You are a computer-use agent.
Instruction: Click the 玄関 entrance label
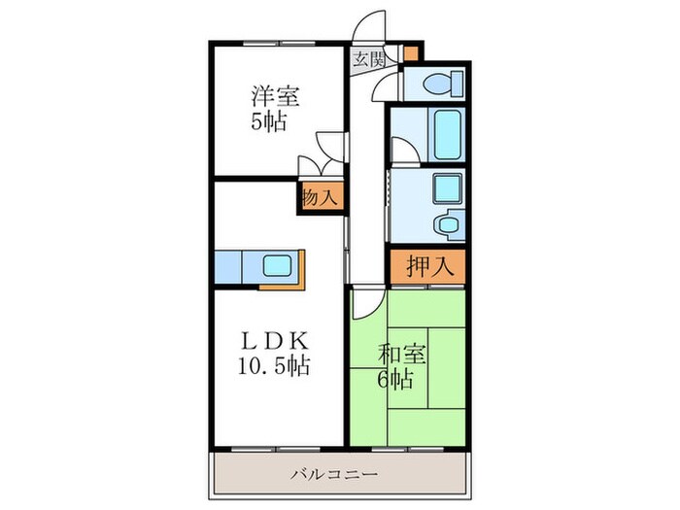(x=368, y=57)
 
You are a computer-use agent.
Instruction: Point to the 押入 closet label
(x=426, y=265)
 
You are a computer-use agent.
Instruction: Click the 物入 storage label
(x=320, y=196)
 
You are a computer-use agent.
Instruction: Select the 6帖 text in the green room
(x=395, y=379)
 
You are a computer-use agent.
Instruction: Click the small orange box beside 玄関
(x=411, y=53)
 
